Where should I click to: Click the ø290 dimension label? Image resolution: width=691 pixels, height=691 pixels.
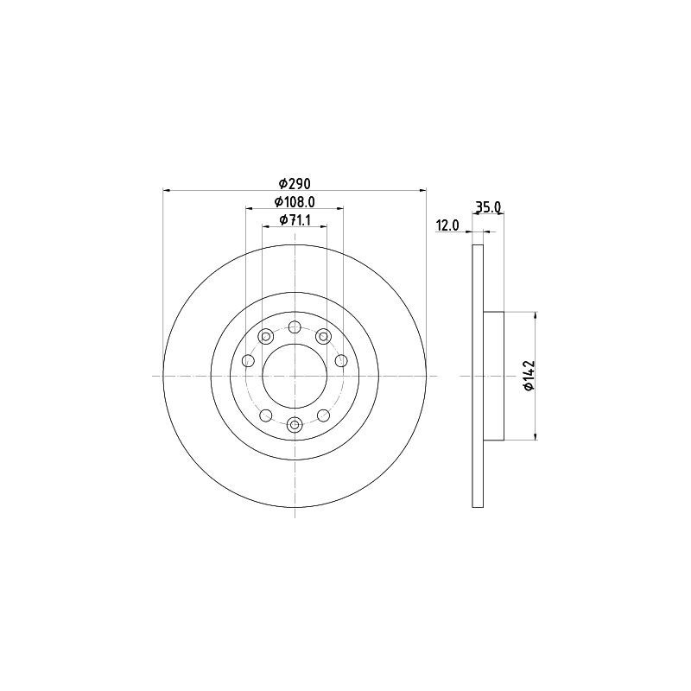coord(295,183)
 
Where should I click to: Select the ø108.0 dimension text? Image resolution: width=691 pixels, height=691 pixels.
coord(295,202)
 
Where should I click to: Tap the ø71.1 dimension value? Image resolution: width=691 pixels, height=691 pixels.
coord(295,220)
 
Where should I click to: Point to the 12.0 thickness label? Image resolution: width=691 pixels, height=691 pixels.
coord(447,225)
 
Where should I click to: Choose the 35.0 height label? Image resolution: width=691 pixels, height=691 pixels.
coord(487,206)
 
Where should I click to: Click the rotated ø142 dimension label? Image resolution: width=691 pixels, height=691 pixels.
coord(529,375)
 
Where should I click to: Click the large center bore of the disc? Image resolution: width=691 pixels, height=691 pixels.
coord(295,376)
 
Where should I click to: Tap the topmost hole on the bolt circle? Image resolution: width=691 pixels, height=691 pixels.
coord(295,327)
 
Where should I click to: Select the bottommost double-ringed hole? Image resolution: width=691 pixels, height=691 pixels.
coord(295,425)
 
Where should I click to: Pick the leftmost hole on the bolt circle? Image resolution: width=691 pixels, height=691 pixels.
coord(249,361)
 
